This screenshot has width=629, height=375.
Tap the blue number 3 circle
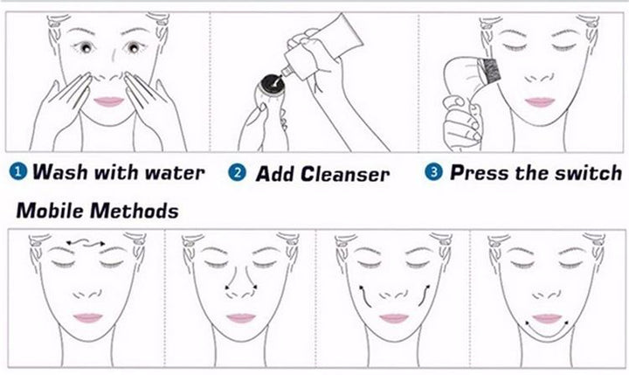pyautogui.click(x=434, y=172)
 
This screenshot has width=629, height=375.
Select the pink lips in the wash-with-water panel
pyautogui.click(x=109, y=101)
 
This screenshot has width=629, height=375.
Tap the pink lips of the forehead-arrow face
pyautogui.click(x=87, y=317)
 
